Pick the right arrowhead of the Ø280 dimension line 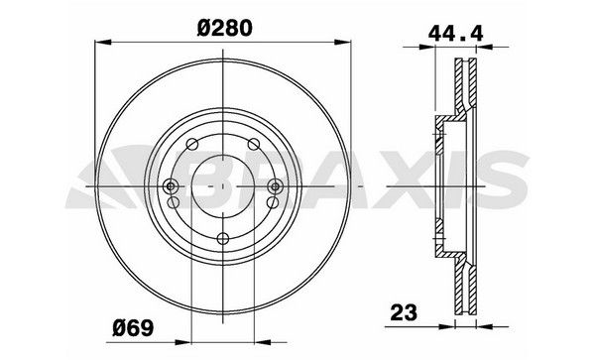[347, 42]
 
